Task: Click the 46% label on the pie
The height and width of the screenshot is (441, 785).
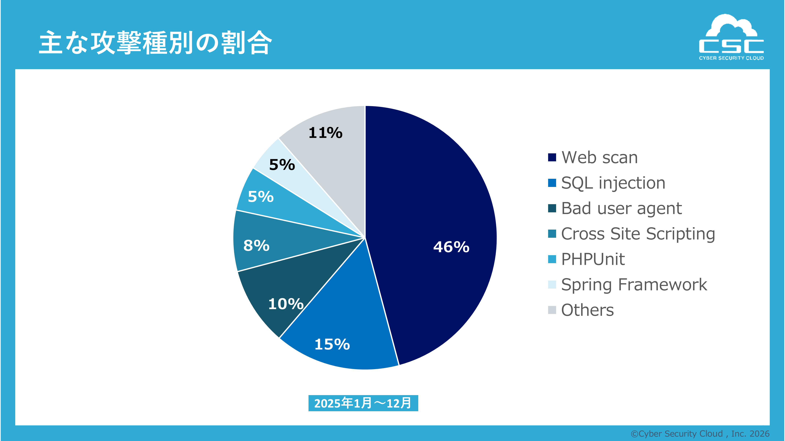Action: [x=451, y=247]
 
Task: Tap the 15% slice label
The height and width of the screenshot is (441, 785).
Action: [x=332, y=344]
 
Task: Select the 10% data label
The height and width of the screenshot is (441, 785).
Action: [x=285, y=304]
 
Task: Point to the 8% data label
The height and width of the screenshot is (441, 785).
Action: [x=256, y=246]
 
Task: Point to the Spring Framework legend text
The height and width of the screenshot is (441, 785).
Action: [x=634, y=285]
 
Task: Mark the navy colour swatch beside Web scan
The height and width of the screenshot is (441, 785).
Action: [x=552, y=157]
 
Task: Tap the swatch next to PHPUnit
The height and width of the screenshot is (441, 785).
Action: [x=552, y=259]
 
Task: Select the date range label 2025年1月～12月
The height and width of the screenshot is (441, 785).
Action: [x=363, y=403]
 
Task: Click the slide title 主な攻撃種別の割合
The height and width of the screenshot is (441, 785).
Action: [x=155, y=43]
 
